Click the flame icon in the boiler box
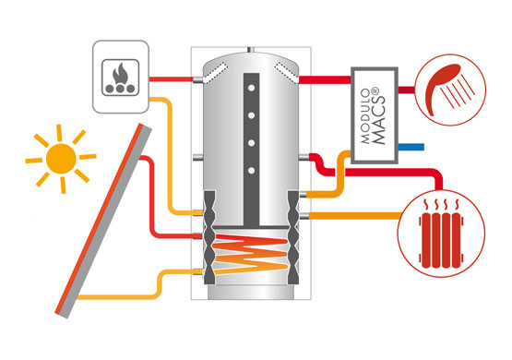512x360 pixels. click(x=120, y=74)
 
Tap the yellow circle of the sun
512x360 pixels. click(x=61, y=159)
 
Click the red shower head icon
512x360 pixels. click(x=442, y=86)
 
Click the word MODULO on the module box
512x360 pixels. click(x=365, y=116)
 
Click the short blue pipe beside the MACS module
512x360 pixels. click(x=411, y=147)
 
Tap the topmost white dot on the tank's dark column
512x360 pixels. click(x=251, y=88)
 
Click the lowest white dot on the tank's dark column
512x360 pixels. click(x=251, y=171)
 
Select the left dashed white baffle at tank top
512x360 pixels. click(x=215, y=73)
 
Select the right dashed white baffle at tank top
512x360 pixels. click(x=287, y=73)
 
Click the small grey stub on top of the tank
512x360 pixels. click(x=251, y=50)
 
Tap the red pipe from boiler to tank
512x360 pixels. click(x=171, y=79)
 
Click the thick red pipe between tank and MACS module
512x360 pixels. click(x=325, y=79)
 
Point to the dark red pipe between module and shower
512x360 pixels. click(x=407, y=90)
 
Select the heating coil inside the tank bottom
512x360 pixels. click(x=251, y=253)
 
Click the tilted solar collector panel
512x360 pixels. click(x=103, y=221)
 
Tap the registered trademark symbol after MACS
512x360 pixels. click(x=375, y=90)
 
